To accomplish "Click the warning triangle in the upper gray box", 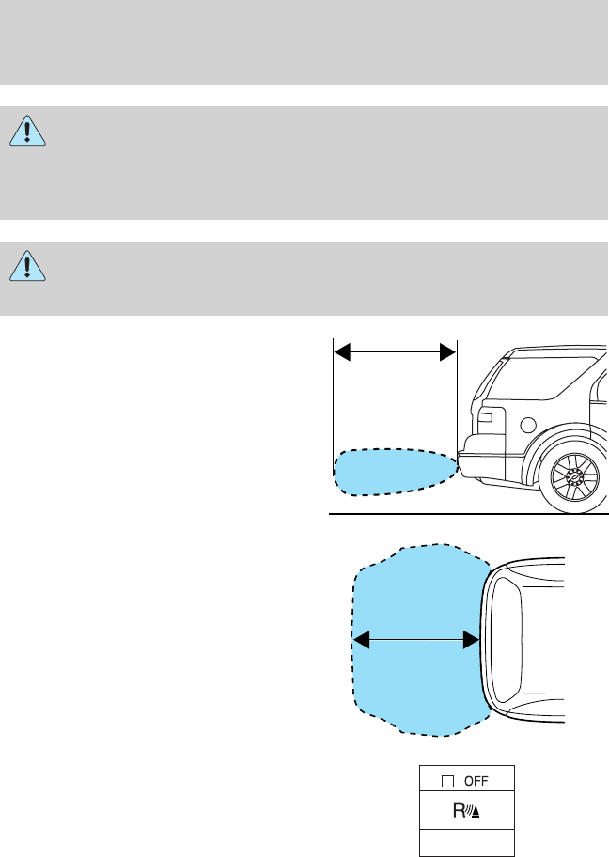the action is click(x=29, y=133).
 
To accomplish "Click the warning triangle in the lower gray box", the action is click(x=29, y=268).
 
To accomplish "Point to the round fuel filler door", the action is click(x=527, y=425).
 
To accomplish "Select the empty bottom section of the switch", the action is click(x=465, y=842).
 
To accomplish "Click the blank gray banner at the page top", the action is click(x=304, y=41).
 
